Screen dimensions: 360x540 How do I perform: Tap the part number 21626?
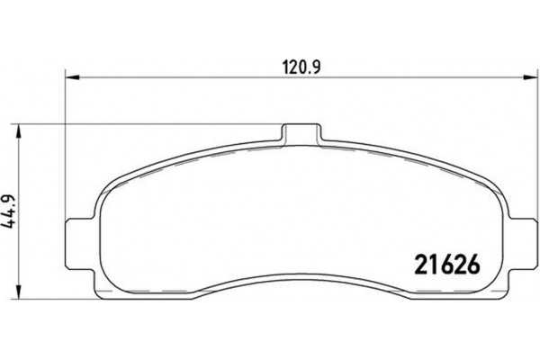443,266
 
